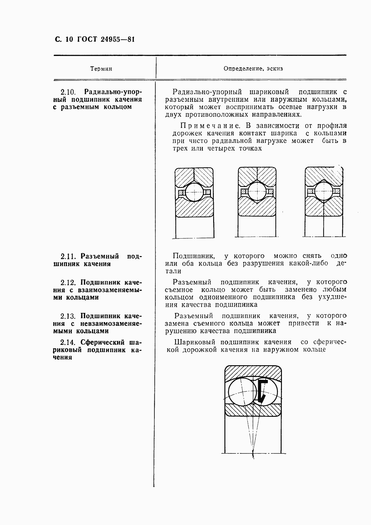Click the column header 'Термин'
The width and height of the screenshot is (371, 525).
[101, 68]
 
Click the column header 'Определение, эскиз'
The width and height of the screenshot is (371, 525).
[253, 68]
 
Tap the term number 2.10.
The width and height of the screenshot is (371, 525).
[68, 92]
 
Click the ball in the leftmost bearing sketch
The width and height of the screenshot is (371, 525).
[194, 192]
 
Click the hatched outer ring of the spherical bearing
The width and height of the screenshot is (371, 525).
[253, 372]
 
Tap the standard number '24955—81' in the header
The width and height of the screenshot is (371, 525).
[118, 39]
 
